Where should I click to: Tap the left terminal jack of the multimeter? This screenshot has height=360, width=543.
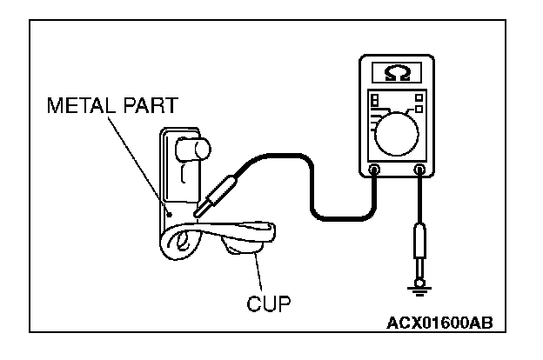pos(374,170)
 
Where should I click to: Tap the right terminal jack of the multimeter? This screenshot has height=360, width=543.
pos(420,170)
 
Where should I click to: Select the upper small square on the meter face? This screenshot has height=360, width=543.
pos(419,96)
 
